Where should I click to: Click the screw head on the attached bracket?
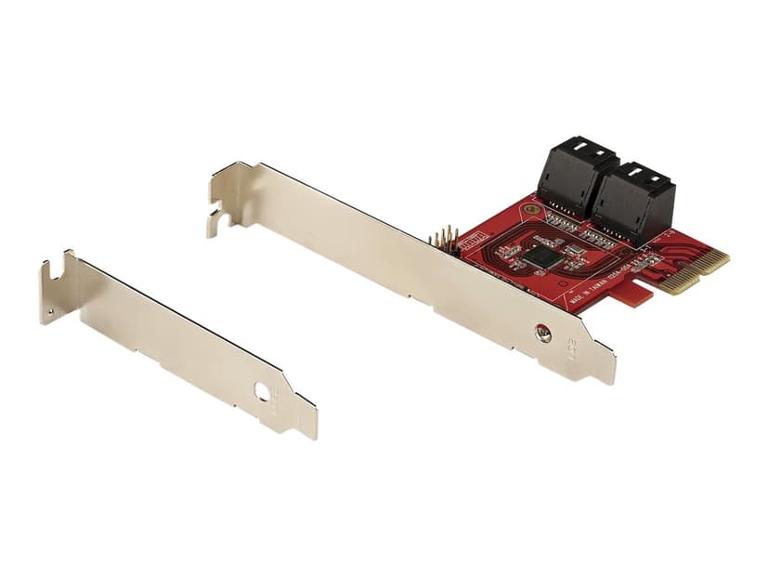tap(543, 332)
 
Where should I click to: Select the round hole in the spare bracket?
tap(263, 393)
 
